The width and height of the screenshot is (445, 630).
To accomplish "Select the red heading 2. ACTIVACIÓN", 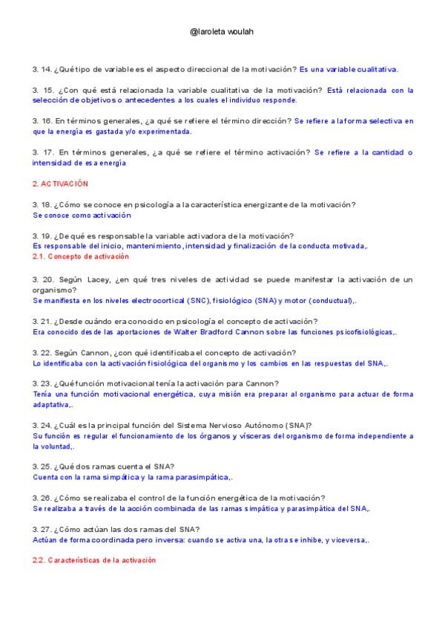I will [x=60, y=183].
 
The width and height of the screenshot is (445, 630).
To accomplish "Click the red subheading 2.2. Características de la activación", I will [x=94, y=560].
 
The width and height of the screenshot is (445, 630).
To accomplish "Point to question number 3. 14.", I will [x=42, y=69].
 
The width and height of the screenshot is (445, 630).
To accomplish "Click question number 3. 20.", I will [x=42, y=279].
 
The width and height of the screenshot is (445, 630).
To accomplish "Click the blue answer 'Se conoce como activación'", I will [x=82, y=215].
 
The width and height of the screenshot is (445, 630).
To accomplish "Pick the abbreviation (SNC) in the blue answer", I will [x=200, y=301].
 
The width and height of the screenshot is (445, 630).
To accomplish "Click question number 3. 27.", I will [x=42, y=530].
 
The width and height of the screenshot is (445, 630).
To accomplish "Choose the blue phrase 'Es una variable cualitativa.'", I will [x=349, y=69].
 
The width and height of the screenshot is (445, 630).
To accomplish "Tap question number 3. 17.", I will [x=42, y=152].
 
